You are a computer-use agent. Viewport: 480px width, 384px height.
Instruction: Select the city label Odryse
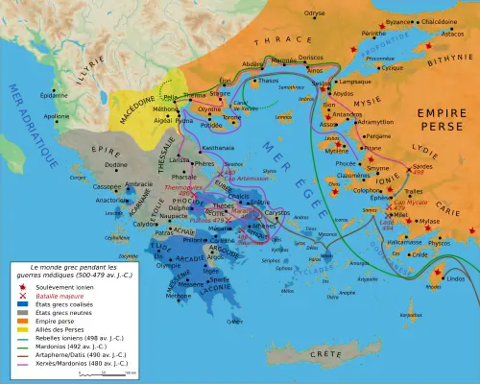(315, 12)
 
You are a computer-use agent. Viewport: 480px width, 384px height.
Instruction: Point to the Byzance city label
(398, 21)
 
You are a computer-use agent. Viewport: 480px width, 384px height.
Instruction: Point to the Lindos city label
(455, 278)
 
